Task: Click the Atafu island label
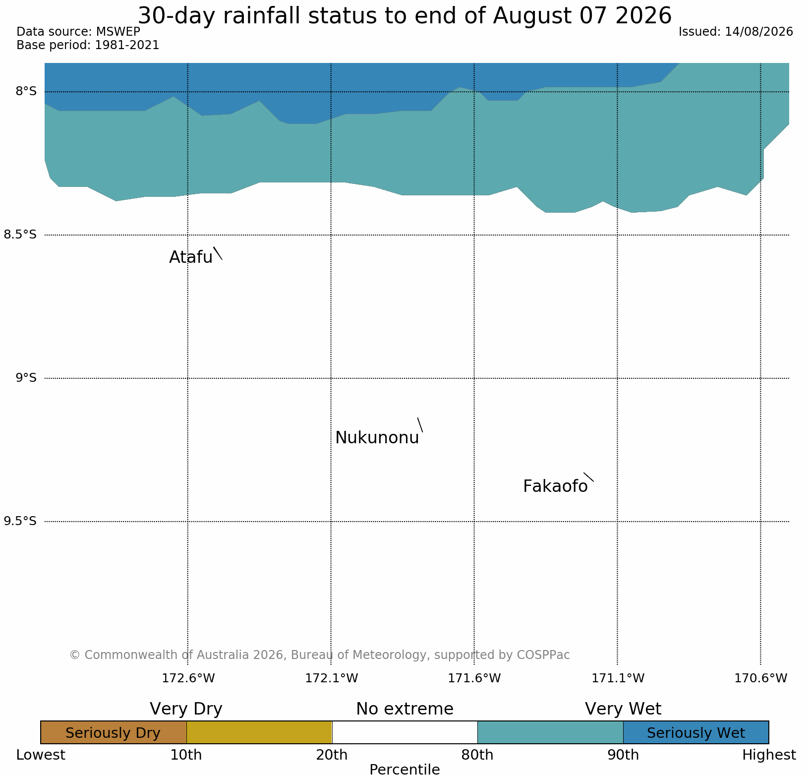pyautogui.click(x=191, y=257)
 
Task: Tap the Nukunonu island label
pyautogui.click(x=377, y=438)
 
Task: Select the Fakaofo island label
pyautogui.click(x=555, y=486)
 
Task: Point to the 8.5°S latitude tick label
pyautogui.click(x=20, y=235)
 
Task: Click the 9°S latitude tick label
pyautogui.click(x=26, y=378)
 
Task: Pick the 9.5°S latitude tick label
pyautogui.click(x=20, y=521)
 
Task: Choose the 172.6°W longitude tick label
pyautogui.click(x=188, y=678)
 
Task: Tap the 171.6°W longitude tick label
pyautogui.click(x=474, y=678)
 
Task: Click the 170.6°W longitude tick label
pyautogui.click(x=761, y=678)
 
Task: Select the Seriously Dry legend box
pyautogui.click(x=114, y=732)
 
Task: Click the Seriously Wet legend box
pyautogui.click(x=696, y=732)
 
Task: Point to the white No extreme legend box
pyautogui.click(x=404, y=732)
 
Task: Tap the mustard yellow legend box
pyautogui.click(x=259, y=732)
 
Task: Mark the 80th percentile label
pyautogui.click(x=477, y=755)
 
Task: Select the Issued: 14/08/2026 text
pyautogui.click(x=736, y=32)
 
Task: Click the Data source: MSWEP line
pyautogui.click(x=78, y=32)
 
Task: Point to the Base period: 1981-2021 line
pyautogui.click(x=88, y=45)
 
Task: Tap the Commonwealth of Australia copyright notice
pyautogui.click(x=320, y=655)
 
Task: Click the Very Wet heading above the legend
pyautogui.click(x=623, y=709)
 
